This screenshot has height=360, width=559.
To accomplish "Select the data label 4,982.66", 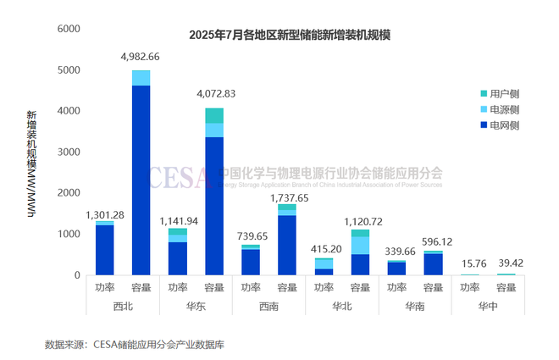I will pos(141,58).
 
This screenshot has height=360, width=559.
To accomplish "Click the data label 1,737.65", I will pos(287,197).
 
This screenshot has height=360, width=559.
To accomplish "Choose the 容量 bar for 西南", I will pos(287,241).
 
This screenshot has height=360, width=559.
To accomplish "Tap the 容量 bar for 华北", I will pos(360,253).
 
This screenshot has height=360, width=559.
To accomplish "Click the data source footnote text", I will pos(135,345).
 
